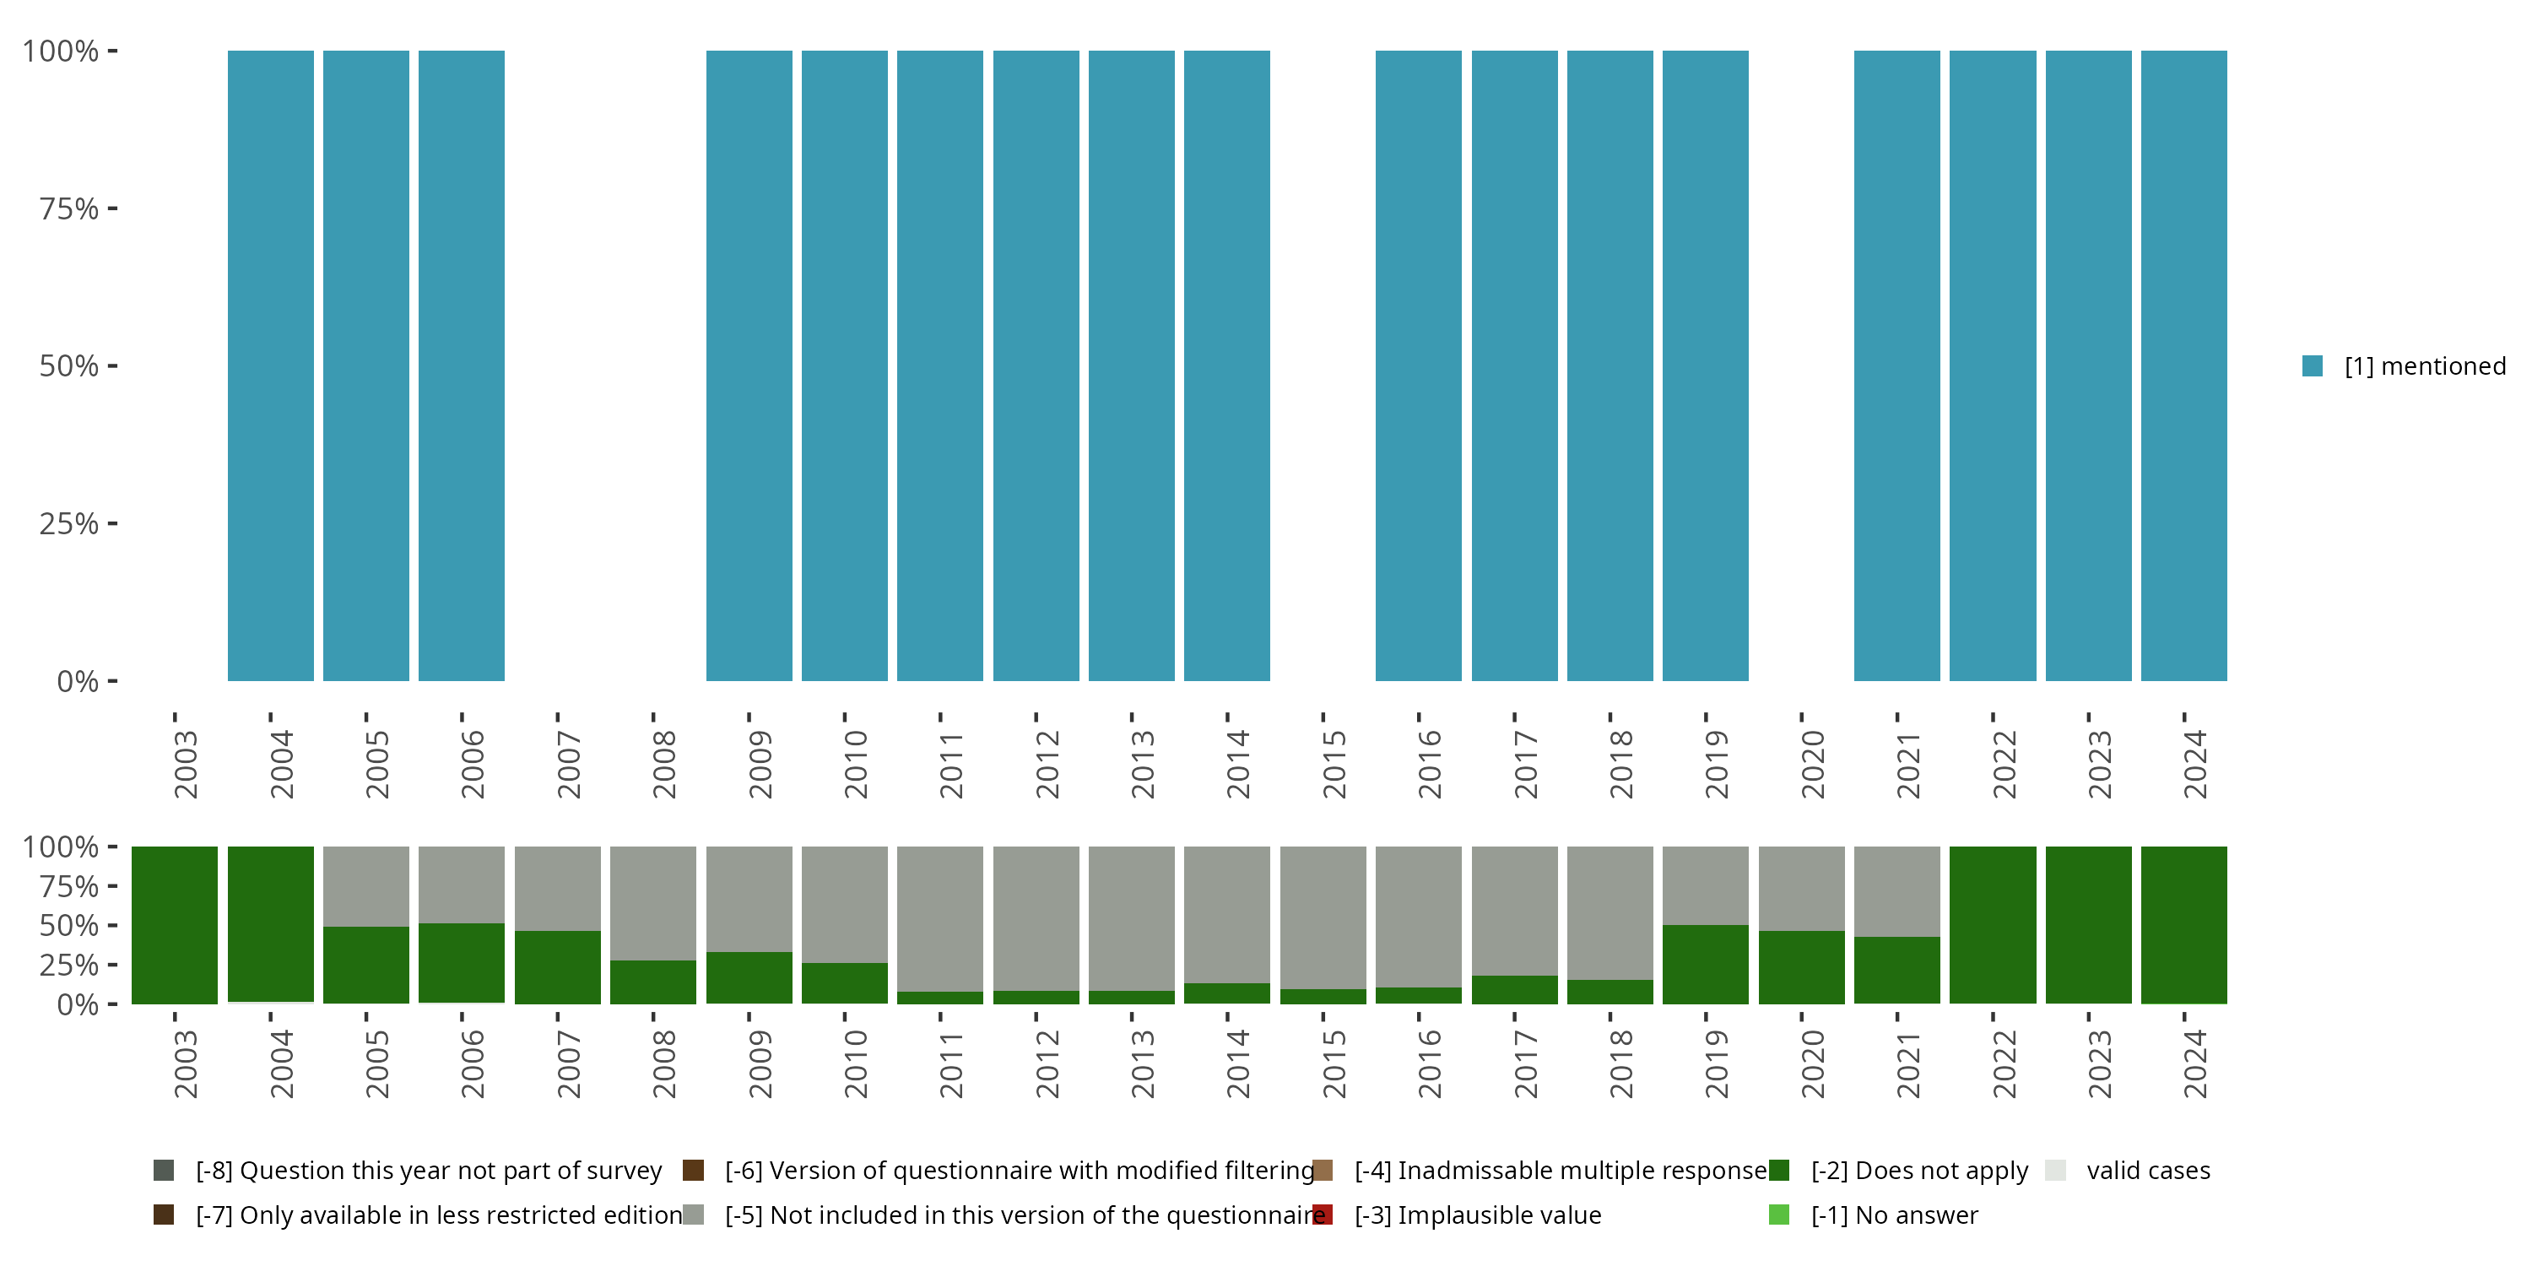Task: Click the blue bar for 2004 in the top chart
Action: (x=270, y=365)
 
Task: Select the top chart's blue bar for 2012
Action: (x=1036, y=365)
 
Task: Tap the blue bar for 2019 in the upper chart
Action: (x=1706, y=365)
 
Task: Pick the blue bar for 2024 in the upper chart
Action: (x=2184, y=365)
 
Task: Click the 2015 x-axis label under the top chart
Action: (x=1334, y=764)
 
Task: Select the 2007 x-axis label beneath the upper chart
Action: (x=569, y=764)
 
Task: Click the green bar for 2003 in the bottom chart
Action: (x=175, y=925)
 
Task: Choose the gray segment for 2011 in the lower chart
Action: (x=939, y=918)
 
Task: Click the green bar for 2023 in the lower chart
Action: (x=2089, y=925)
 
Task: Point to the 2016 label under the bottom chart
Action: (x=1429, y=1063)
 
